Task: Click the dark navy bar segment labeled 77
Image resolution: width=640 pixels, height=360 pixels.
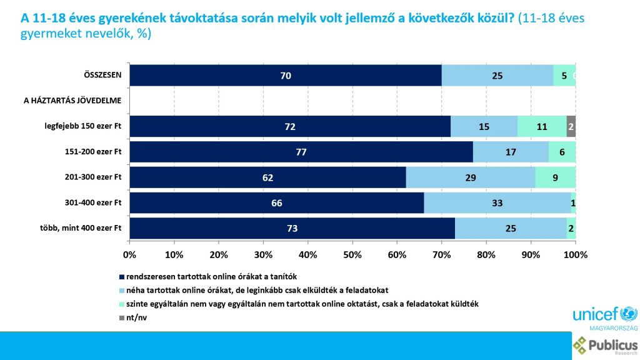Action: point(301,152)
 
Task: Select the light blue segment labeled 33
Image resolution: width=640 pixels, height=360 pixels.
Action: point(497,202)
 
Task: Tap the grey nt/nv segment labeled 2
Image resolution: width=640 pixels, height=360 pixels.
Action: point(571,126)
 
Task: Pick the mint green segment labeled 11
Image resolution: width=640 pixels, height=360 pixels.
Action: point(542,126)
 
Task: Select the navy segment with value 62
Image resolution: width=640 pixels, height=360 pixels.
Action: point(267,177)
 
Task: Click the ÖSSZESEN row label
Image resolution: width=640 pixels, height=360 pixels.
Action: point(102,76)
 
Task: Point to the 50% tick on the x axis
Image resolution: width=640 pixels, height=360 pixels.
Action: point(352,255)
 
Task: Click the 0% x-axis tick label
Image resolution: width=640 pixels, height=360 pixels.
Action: point(129,255)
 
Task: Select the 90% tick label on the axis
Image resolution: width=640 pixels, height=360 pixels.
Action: point(531,255)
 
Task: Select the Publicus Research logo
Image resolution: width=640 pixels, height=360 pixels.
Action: point(605,346)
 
